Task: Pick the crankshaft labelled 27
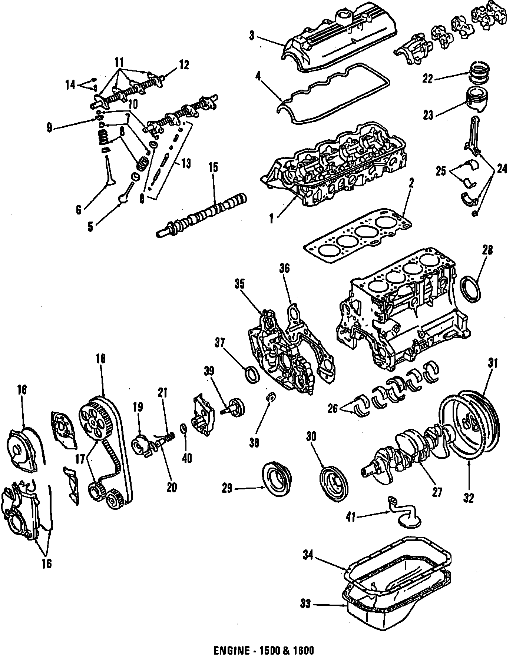pyautogui.click(x=408, y=450)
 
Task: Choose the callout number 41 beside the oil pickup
pyautogui.click(x=350, y=517)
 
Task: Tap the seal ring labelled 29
pyautogui.click(x=277, y=478)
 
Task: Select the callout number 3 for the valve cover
pyautogui.click(x=252, y=36)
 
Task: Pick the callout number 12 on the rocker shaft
pyautogui.click(x=184, y=66)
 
